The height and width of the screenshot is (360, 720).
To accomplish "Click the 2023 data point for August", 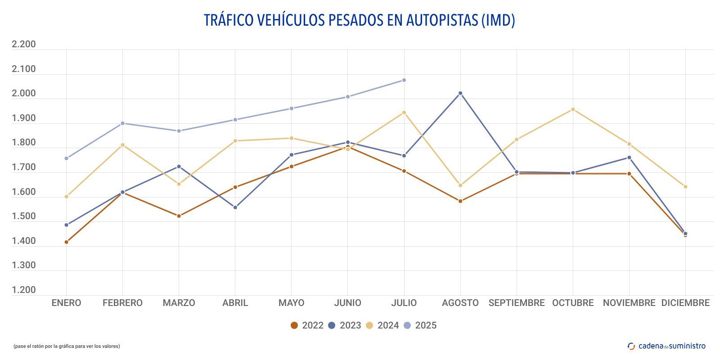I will tap(460, 93).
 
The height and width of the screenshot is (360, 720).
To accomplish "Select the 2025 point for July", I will tap(404, 80).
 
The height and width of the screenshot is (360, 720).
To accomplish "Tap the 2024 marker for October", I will tap(573, 109).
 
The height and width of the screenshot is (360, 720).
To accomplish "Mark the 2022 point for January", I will tap(67, 242).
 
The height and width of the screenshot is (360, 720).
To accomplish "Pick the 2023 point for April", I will tap(235, 207).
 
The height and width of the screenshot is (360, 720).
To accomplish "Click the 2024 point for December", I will tap(685, 187).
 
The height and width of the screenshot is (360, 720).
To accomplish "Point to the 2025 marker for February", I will tap(123, 123).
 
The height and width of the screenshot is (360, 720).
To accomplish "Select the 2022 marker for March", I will tap(179, 216).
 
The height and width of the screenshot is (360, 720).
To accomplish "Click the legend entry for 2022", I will tap(307, 325).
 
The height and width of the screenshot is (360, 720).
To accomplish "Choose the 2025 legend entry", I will tap(420, 325).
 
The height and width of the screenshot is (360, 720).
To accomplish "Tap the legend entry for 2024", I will tap(382, 325).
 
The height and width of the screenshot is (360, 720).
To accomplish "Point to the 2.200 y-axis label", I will tap(23, 44).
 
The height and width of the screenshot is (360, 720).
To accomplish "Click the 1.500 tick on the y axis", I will tap(23, 216).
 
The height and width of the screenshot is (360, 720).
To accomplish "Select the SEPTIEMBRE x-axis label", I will tap(517, 303).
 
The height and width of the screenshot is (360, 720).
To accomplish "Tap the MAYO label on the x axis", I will tap(291, 303).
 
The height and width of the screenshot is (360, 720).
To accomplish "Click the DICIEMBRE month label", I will tap(685, 303).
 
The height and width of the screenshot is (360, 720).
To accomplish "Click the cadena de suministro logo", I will tap(666, 346).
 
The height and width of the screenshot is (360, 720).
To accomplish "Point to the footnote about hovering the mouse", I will tap(67, 346).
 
